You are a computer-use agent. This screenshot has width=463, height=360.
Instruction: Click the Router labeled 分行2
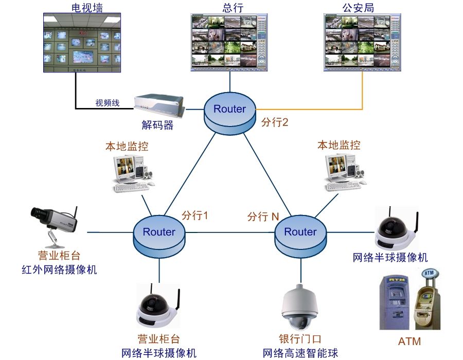point(229,110)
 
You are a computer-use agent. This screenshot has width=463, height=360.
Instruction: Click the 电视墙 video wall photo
point(82,44)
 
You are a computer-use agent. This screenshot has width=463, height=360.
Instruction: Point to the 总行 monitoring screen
point(229,42)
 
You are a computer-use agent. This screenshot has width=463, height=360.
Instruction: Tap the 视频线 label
point(107,103)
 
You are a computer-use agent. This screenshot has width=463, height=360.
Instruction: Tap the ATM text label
point(409,341)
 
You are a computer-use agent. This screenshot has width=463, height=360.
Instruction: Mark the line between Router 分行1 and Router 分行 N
point(229,232)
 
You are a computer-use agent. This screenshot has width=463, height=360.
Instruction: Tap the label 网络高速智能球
point(300,353)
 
